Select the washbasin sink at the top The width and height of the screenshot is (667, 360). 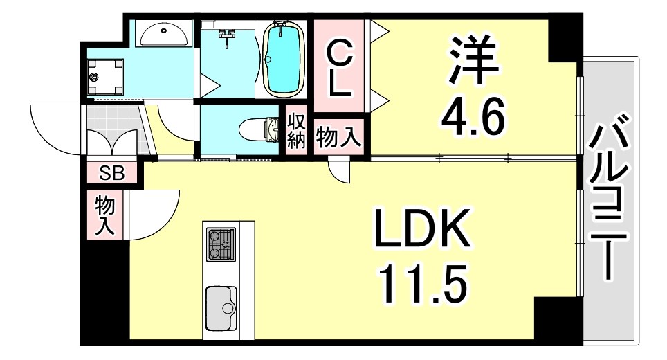(164, 33)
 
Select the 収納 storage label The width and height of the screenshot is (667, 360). (296, 130)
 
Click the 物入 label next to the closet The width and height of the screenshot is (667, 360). (338, 136)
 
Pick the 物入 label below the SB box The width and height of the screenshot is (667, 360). (105, 215)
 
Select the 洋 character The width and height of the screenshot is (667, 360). (474, 58)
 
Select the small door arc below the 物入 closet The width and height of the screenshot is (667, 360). (339, 170)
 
